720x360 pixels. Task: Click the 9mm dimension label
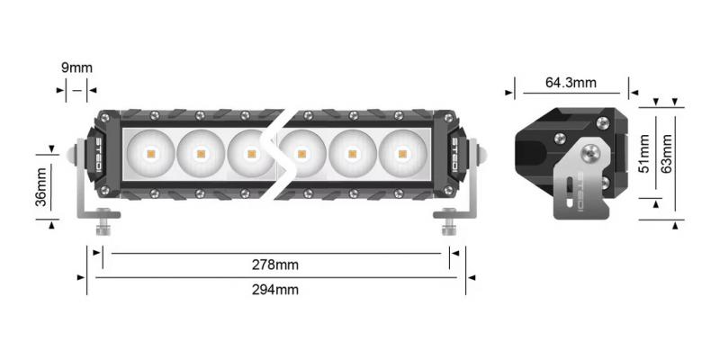click(76, 67)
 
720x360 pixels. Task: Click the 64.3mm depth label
click(571, 84)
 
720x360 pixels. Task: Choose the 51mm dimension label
click(642, 155)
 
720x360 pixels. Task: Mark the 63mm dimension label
click(667, 155)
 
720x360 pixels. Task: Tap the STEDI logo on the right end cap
click(454, 154)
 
